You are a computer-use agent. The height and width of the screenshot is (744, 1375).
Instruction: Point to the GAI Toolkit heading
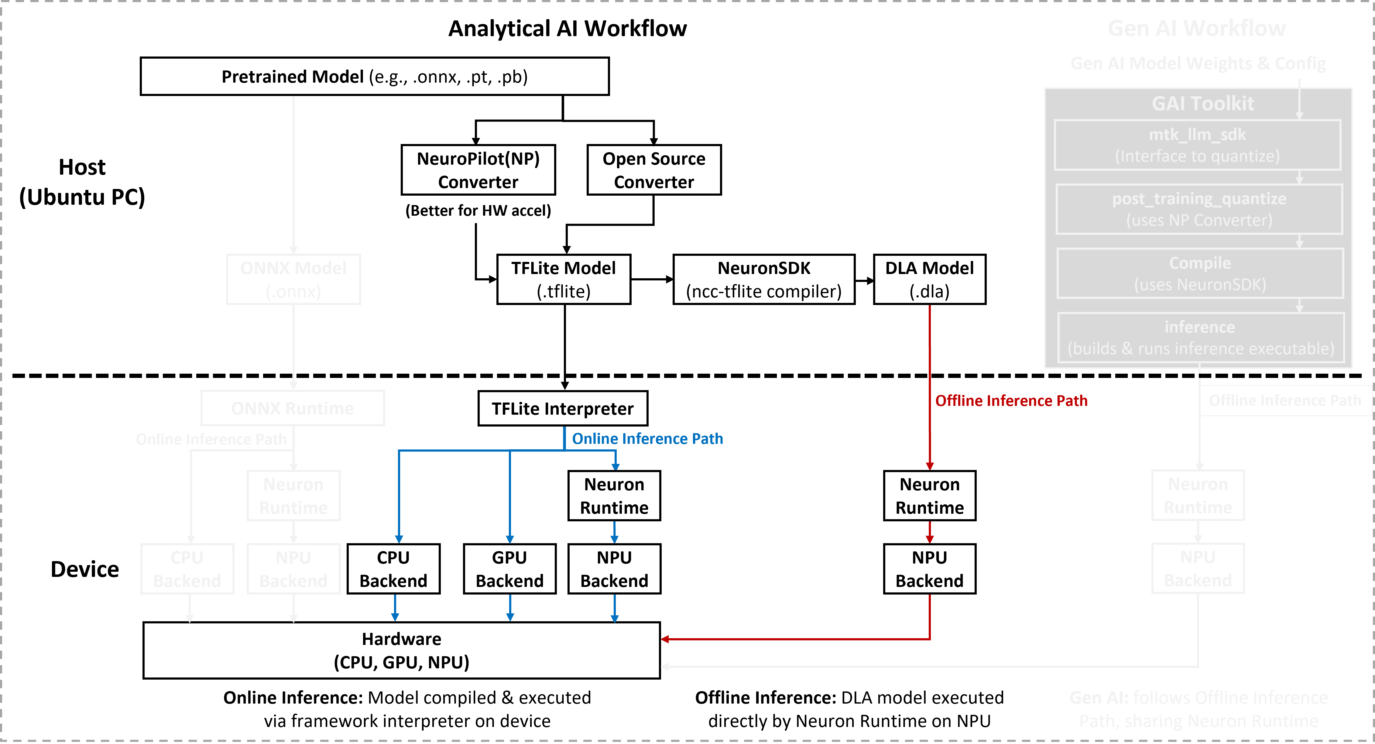[x=1202, y=104]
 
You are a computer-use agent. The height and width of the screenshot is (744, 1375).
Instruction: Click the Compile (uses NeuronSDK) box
[x=1200, y=273]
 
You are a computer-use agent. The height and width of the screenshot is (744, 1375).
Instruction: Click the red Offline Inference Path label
[x=1011, y=401]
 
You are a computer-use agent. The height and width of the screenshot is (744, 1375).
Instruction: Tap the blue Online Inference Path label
[x=647, y=439]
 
